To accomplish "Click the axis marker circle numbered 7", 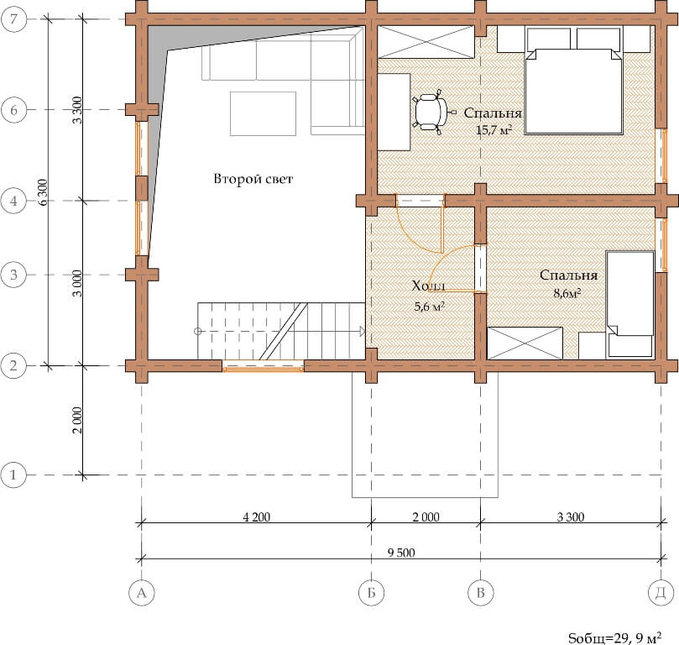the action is tap(14, 19).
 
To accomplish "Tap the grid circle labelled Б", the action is tap(371, 592).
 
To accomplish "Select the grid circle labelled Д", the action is tap(661, 592).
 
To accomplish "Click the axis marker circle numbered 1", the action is tap(13, 475).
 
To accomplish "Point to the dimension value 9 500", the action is tap(401, 553).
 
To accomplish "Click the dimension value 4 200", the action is tap(256, 517).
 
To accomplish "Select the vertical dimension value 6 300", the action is tap(43, 192).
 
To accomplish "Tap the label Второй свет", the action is tap(253, 179).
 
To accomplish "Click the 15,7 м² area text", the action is tap(494, 129).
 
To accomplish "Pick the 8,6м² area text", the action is tap(567, 293).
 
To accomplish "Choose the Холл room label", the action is tap(429, 286).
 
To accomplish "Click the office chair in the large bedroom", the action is tap(431, 112).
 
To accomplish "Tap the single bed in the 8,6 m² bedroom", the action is tap(629, 304).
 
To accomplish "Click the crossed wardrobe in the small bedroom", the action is tap(525, 343).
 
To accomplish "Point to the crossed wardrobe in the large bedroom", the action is tap(426, 42).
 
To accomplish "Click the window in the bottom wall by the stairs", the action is tap(263, 366).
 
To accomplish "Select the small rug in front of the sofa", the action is tap(264, 113).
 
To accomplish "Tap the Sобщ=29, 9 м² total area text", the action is tap(614, 637).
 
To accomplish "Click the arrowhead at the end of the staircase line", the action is tap(362, 332).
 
